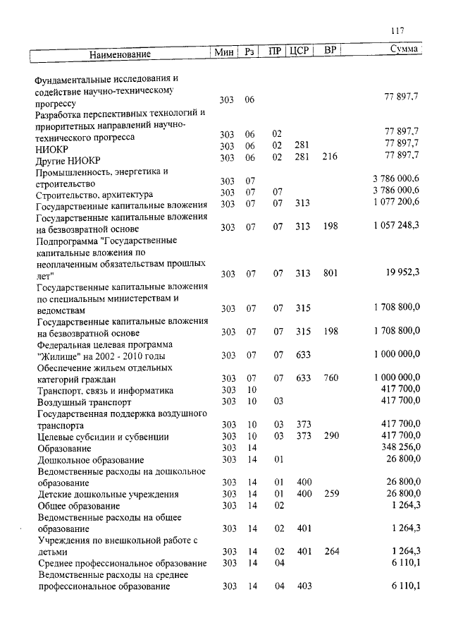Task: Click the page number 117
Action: (x=397, y=30)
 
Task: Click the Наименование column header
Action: (x=120, y=54)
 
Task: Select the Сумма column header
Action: (x=405, y=49)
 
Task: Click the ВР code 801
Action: (x=330, y=274)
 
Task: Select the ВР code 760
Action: (x=330, y=378)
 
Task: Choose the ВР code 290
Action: (x=330, y=437)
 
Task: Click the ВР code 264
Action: (x=330, y=551)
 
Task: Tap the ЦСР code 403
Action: (x=304, y=586)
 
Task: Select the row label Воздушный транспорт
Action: (x=79, y=402)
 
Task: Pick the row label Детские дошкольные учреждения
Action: (x=108, y=495)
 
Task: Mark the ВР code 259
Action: (x=330, y=494)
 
